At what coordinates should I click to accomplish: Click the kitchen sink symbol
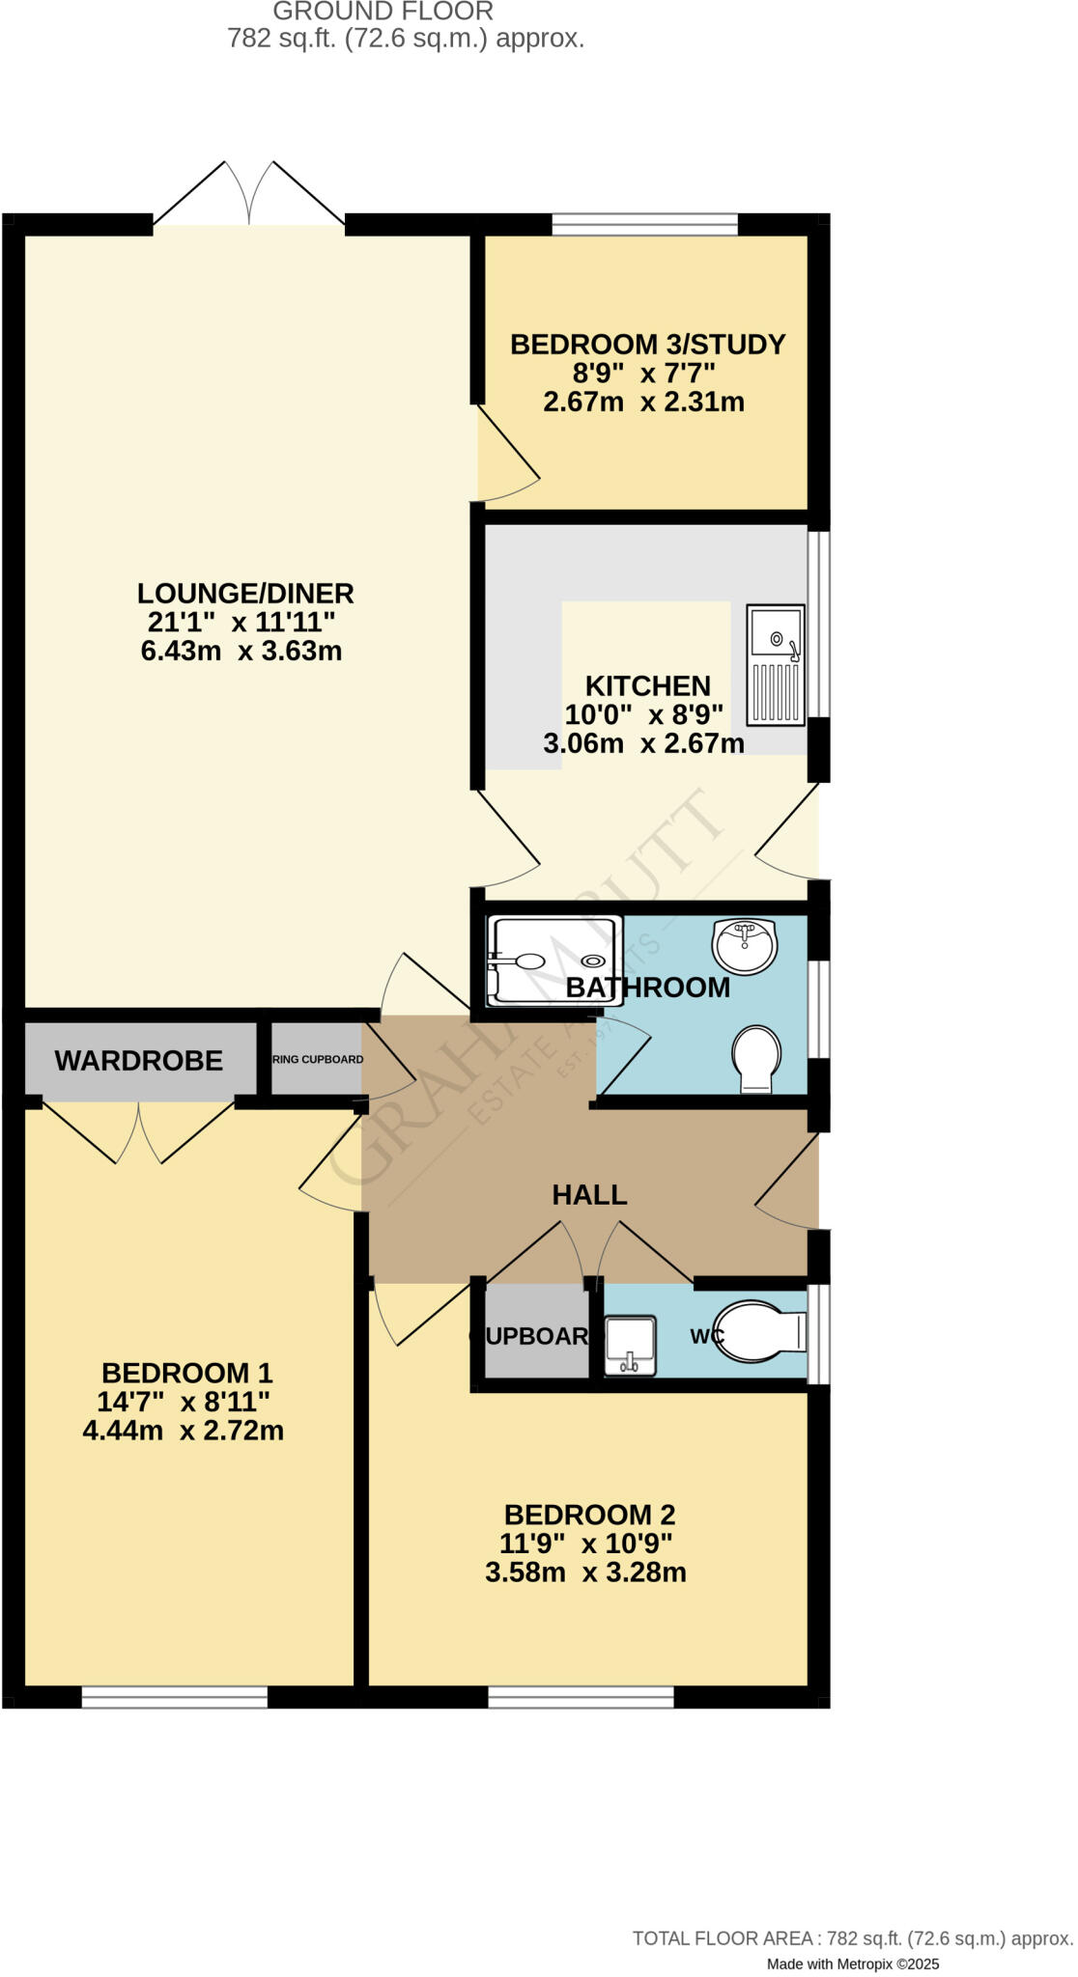(775, 665)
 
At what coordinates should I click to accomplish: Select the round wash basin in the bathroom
(744, 945)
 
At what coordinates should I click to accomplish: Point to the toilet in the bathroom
(756, 1058)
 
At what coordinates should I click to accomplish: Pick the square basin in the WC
(630, 1346)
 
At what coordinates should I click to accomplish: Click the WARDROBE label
(138, 1061)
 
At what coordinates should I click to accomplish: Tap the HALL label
(589, 1195)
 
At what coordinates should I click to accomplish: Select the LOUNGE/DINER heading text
(245, 593)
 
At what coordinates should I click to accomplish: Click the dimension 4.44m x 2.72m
(184, 1430)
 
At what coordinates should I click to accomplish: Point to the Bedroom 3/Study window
(644, 226)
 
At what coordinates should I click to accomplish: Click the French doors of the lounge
(249, 198)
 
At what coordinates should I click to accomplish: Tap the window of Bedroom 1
(174, 1697)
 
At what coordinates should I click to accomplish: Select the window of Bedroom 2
(581, 1697)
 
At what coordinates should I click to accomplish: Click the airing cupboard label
(318, 1059)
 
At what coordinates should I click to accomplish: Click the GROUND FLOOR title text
(383, 12)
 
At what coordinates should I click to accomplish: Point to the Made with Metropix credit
(852, 1963)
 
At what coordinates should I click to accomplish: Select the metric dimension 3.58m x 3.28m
(585, 1572)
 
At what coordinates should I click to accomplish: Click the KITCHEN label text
(647, 686)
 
